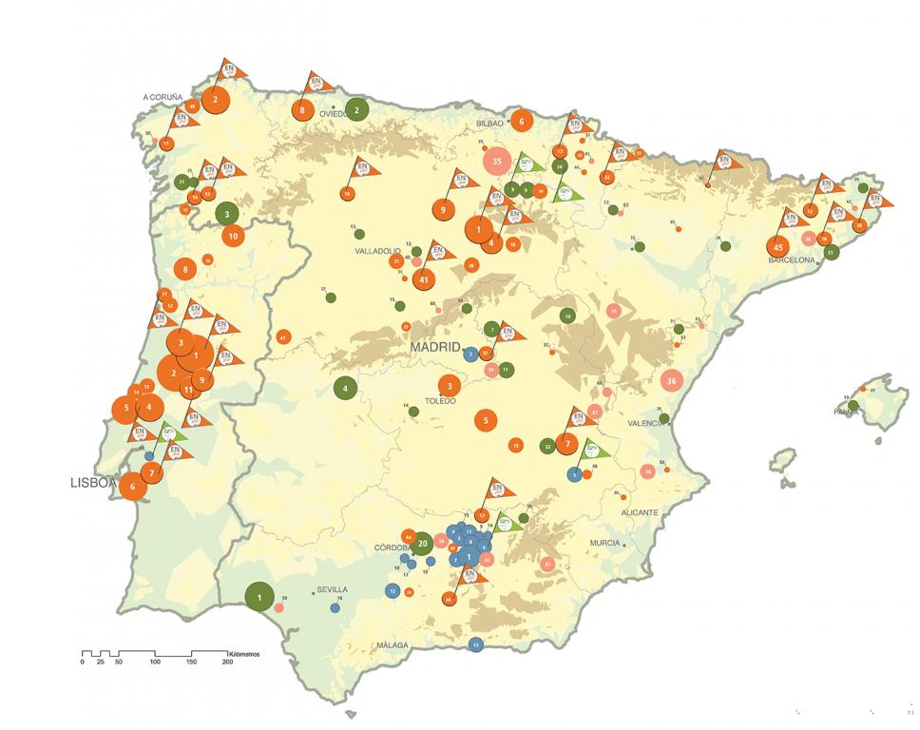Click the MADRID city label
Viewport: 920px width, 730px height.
[x=436, y=348]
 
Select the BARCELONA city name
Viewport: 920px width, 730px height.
[x=793, y=259]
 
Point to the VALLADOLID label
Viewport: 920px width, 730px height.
[x=377, y=252]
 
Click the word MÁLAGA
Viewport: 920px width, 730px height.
[x=392, y=645]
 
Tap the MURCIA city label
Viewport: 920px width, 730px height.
[x=604, y=543]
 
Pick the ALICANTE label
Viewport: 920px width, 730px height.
[x=640, y=512]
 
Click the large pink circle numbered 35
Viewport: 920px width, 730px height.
[x=496, y=161]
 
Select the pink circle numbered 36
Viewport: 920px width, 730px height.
[x=672, y=380]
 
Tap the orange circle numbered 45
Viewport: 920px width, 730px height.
[x=778, y=248]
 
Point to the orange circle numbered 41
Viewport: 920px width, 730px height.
[x=424, y=279]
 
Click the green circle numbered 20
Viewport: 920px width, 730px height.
[x=423, y=544]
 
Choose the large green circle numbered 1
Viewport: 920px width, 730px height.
[x=259, y=596]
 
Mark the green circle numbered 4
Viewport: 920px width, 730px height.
[x=345, y=388]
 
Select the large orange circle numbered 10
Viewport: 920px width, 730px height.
[x=232, y=235]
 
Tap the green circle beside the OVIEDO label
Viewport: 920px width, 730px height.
[x=356, y=109]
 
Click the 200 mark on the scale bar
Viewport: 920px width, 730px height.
[x=227, y=663]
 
